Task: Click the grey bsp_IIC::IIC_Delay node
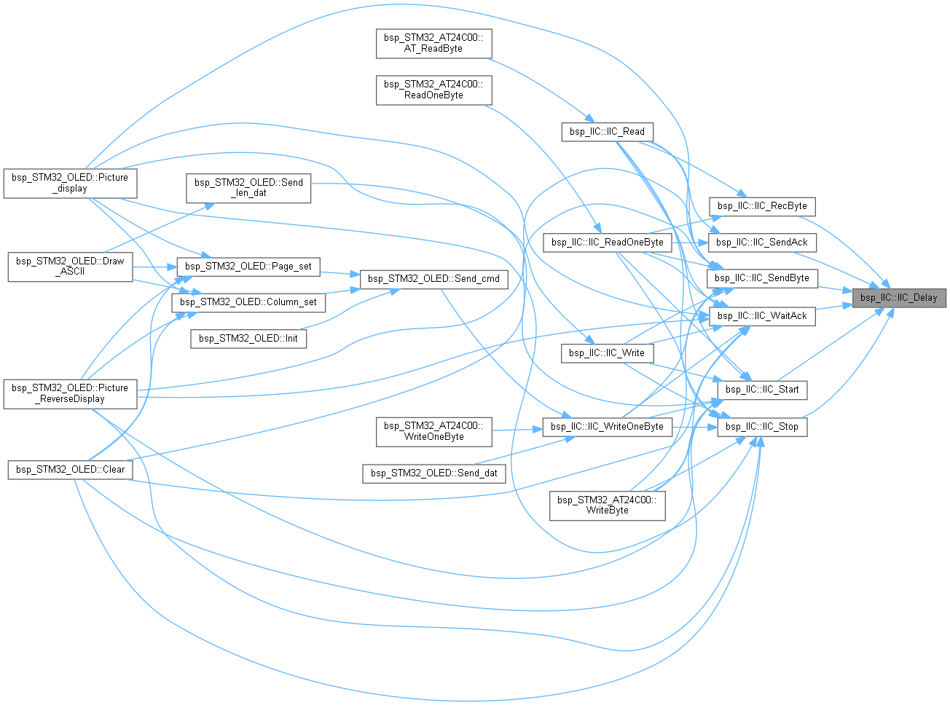(898, 298)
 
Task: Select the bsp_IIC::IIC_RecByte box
(761, 206)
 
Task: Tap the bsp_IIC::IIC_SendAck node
(761, 243)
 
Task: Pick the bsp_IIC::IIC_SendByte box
(761, 278)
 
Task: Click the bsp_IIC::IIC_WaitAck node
(761, 316)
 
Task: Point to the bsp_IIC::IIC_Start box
(761, 390)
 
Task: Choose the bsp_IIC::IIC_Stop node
(761, 427)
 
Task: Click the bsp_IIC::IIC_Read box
(607, 132)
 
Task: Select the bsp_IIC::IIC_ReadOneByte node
(607, 243)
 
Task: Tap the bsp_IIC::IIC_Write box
(607, 353)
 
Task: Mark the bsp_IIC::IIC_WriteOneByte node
(607, 427)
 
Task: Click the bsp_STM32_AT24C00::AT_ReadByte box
(434, 44)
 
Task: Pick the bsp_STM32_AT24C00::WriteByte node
(607, 506)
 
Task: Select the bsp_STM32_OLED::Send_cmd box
(434, 279)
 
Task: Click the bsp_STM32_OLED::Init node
(248, 339)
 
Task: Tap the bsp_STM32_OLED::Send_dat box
(434, 473)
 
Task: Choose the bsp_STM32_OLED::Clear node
(70, 470)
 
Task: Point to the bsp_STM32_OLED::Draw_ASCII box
(70, 267)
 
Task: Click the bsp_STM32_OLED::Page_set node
(248, 267)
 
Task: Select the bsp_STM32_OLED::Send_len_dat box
(248, 188)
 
